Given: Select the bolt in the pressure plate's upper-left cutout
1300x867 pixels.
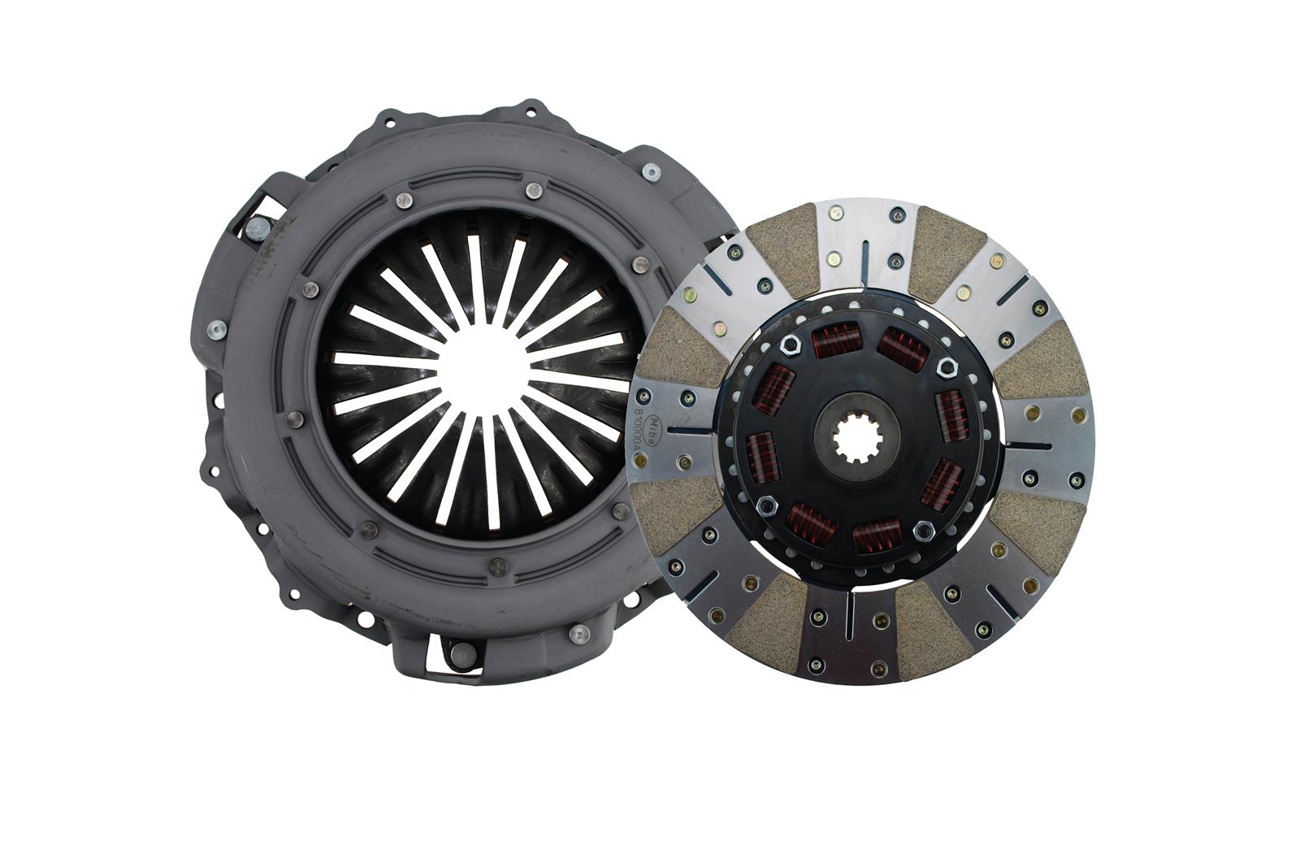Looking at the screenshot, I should (x=256, y=230).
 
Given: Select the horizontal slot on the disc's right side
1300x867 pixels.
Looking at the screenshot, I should (x=1031, y=444).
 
